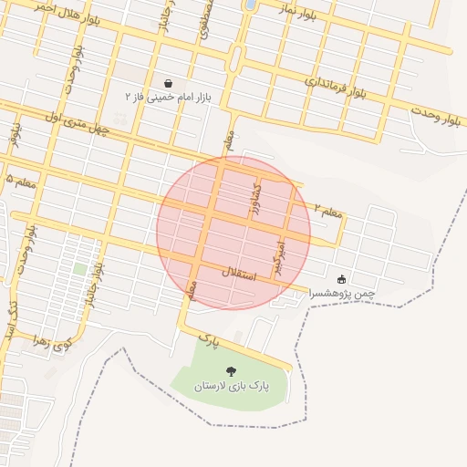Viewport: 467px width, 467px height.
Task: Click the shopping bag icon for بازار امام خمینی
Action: pos(169,83)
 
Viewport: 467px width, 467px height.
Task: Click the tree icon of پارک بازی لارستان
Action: pos(231,371)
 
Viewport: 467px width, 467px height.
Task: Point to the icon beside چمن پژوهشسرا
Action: pos(342,279)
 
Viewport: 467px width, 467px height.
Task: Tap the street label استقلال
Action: pos(240,273)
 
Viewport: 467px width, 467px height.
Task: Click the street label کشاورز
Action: pos(256,199)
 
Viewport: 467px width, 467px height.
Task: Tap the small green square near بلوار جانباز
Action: pos(80,269)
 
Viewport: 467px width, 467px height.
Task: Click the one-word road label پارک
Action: pos(210,341)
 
